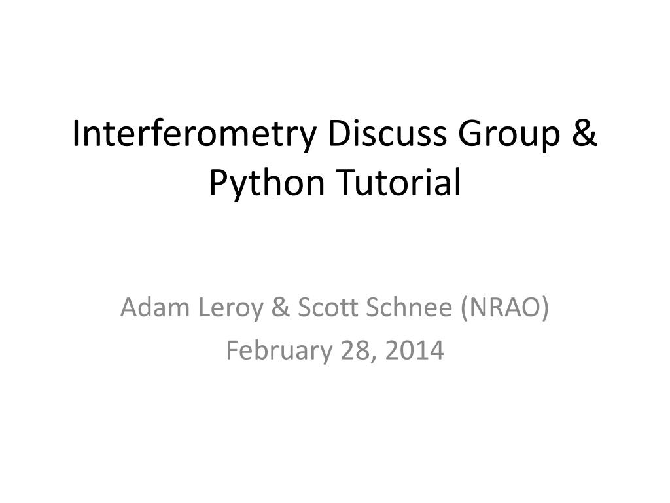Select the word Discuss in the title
click(x=387, y=133)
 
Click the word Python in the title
click(x=267, y=184)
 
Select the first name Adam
click(x=154, y=307)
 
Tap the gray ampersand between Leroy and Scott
click(x=280, y=308)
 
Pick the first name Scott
click(x=327, y=307)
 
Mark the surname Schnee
click(x=409, y=307)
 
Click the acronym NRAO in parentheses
click(x=505, y=307)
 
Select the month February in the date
click(x=279, y=352)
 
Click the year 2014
click(x=414, y=350)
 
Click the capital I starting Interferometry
click(x=76, y=134)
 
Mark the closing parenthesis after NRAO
click(x=545, y=308)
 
